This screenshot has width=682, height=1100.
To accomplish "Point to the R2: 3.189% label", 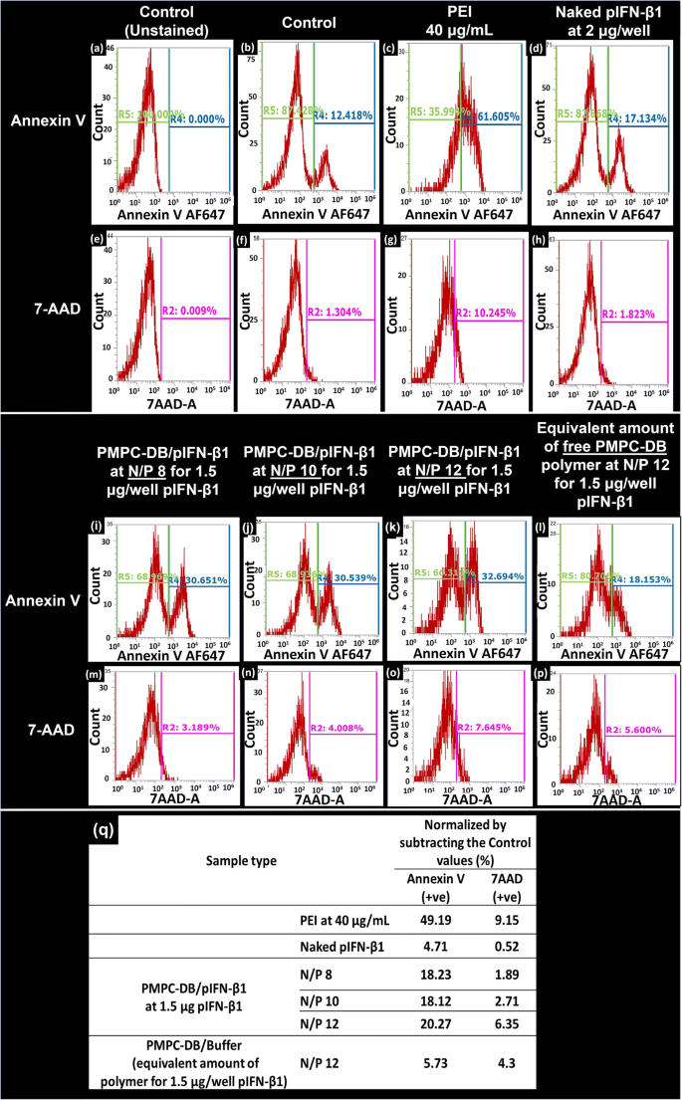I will (x=196, y=734).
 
